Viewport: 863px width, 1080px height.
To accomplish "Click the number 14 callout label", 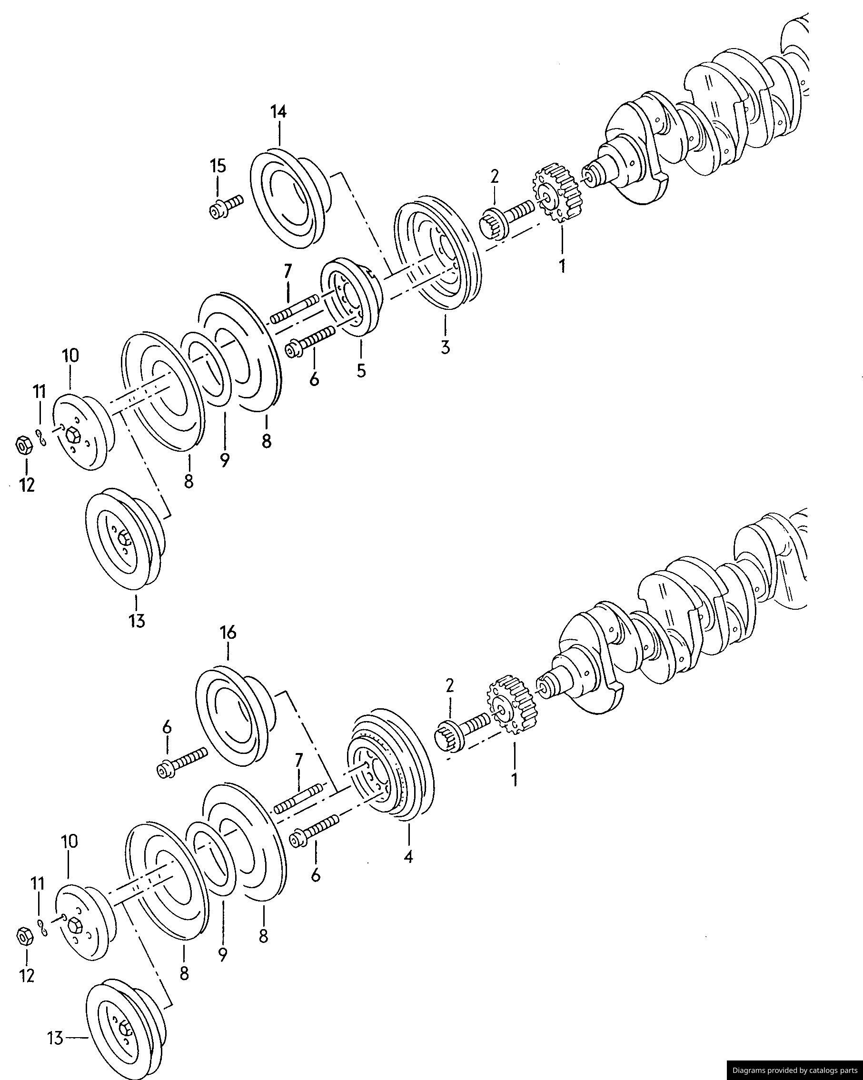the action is pos(278,112).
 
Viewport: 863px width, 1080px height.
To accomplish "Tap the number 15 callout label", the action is pos(218,166).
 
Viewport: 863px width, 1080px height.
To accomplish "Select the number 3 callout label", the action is pos(445,347).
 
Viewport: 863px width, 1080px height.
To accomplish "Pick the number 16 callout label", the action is pos(228,633).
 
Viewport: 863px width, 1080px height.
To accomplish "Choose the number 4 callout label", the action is pos(408,857).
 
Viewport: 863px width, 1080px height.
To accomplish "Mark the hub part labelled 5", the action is pos(352,297).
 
